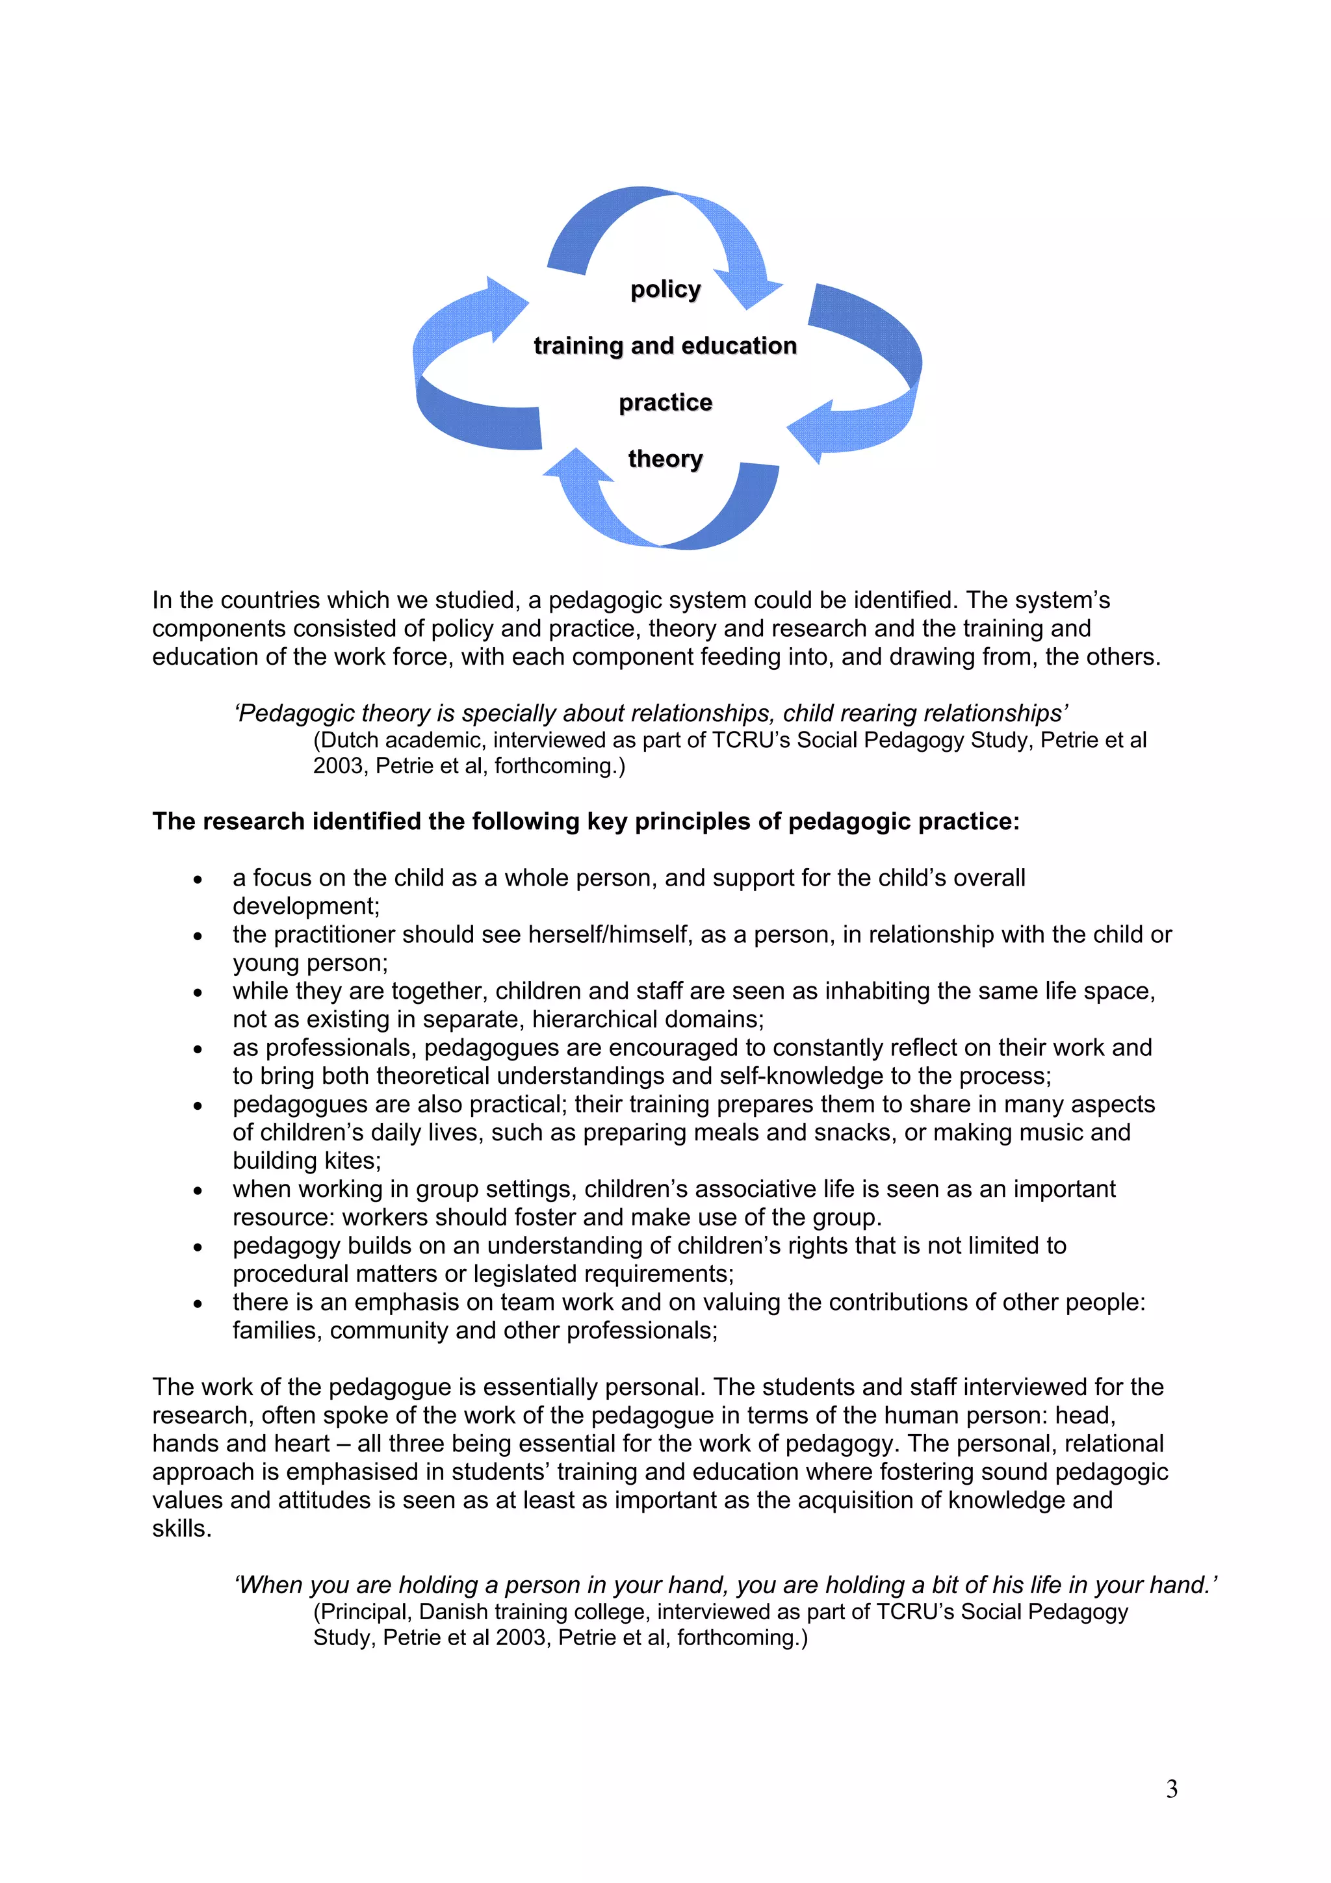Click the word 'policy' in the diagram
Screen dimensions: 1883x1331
coord(665,290)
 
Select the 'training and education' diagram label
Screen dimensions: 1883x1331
coord(665,346)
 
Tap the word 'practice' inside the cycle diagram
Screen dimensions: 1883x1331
coord(665,403)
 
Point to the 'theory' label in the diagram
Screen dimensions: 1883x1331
coord(665,459)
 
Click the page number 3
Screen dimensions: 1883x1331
coord(1171,1789)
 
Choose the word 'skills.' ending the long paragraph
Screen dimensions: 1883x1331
coord(181,1529)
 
